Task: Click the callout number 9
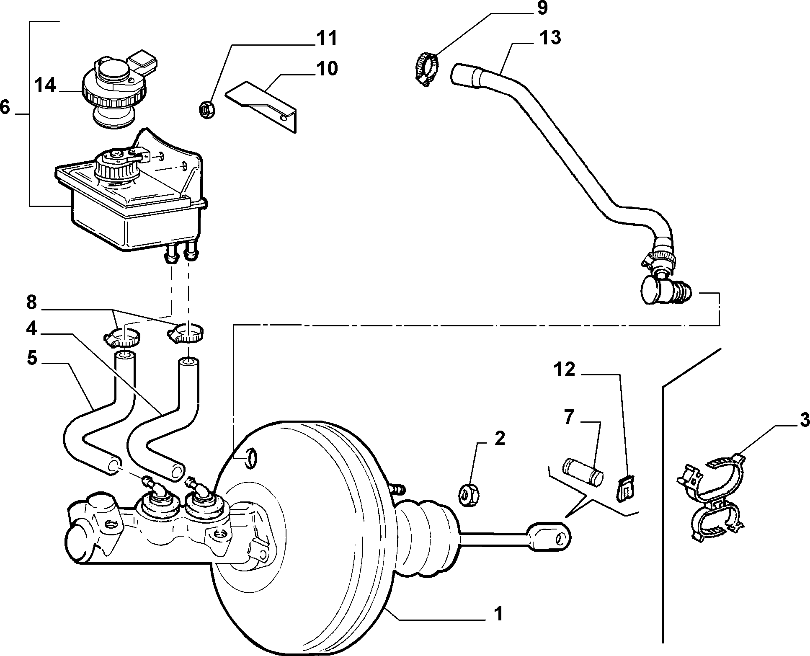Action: click(x=542, y=8)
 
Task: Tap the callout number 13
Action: click(x=549, y=38)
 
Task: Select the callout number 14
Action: click(x=45, y=85)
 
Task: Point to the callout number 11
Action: click(x=327, y=39)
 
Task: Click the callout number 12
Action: click(x=565, y=370)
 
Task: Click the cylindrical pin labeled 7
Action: click(x=582, y=472)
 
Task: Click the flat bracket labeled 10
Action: click(x=263, y=106)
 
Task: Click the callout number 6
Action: click(x=5, y=107)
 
